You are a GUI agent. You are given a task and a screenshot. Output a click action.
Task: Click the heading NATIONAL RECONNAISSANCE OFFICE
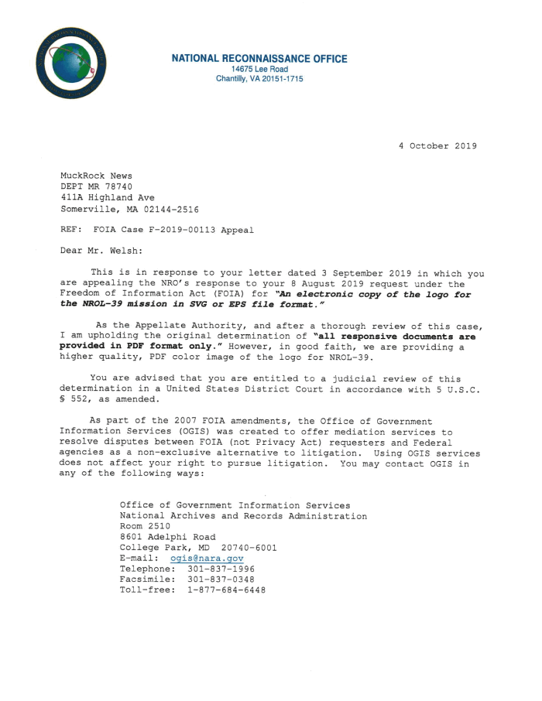[x=259, y=59]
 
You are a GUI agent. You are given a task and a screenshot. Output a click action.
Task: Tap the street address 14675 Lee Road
[x=259, y=70]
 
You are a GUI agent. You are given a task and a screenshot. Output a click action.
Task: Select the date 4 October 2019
[x=437, y=146]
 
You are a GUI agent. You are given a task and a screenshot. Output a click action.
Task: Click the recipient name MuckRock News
[x=96, y=176]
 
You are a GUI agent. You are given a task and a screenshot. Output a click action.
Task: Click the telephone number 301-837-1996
[x=221, y=569]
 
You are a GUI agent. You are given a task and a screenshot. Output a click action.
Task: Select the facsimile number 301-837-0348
[x=221, y=579]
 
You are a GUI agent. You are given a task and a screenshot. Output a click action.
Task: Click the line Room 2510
[x=145, y=526]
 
